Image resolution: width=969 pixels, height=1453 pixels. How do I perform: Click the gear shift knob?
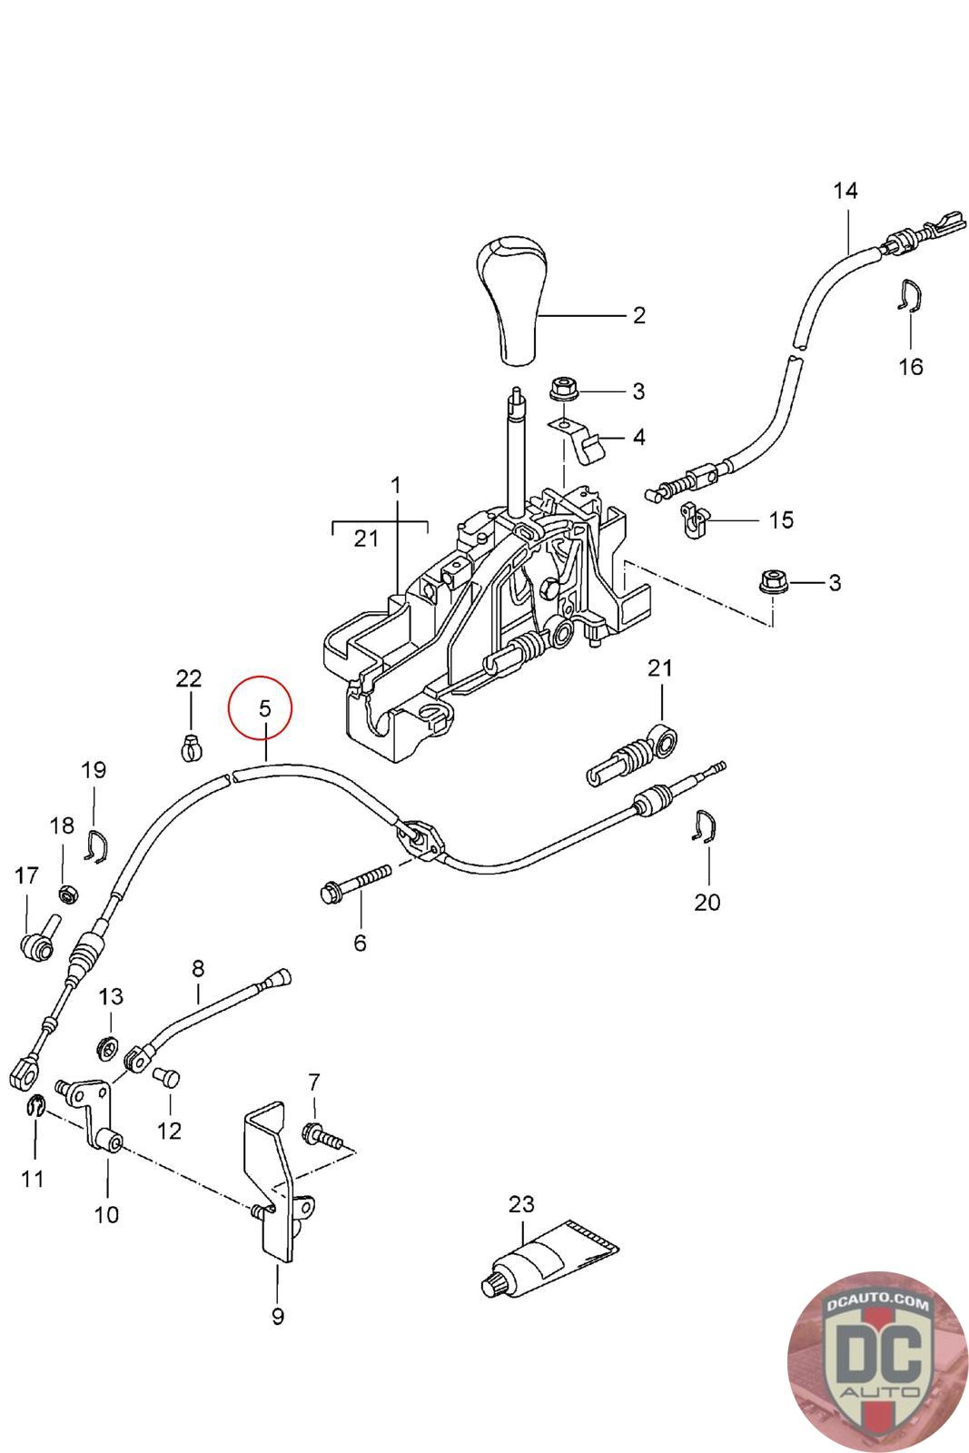pyautogui.click(x=511, y=301)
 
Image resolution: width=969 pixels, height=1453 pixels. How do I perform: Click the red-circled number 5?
pyautogui.click(x=264, y=708)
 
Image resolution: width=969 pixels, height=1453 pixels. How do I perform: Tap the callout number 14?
pyautogui.click(x=845, y=191)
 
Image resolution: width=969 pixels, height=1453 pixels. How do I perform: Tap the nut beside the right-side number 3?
pyautogui.click(x=773, y=581)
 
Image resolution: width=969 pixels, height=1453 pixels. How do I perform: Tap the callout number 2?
pyautogui.click(x=638, y=315)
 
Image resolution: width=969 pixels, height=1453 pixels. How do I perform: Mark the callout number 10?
pyautogui.click(x=106, y=1214)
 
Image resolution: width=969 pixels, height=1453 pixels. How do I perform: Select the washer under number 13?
pyautogui.click(x=105, y=1047)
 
